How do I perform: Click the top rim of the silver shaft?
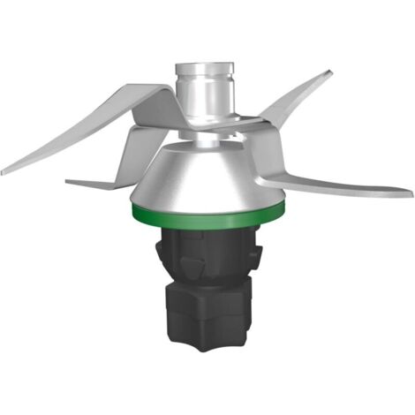point(206,65)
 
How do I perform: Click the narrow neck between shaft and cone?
point(205,140)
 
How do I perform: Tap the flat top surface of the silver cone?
point(208,147)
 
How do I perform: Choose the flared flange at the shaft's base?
point(206,124)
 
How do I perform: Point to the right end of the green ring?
point(284,207)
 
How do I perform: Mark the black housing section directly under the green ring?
point(208,235)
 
